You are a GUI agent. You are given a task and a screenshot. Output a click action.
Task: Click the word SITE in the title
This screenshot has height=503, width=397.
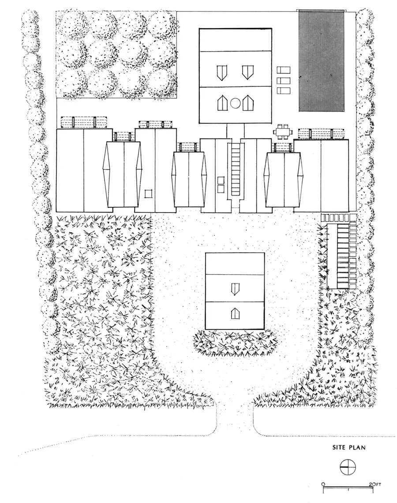340,447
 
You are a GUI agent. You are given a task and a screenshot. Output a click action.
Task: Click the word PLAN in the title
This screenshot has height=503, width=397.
357,447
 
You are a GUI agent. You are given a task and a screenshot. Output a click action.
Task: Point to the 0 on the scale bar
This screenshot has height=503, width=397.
323,484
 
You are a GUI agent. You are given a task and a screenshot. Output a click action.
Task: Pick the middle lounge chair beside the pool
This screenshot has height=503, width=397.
284,80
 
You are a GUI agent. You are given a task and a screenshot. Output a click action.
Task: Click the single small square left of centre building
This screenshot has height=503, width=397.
148,194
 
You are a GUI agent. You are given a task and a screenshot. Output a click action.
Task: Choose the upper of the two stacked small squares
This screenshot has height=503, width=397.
221,180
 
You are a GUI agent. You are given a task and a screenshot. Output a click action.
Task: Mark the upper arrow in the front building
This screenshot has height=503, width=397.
235,289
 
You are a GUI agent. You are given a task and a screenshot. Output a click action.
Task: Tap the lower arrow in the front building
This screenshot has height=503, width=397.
235,313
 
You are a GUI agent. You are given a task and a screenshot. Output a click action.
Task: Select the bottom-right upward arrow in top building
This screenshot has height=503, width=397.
248,103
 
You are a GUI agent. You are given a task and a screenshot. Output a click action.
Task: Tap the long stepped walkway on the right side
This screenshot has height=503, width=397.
342,256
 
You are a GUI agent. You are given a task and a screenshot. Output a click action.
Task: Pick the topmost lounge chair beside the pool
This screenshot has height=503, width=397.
284,71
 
